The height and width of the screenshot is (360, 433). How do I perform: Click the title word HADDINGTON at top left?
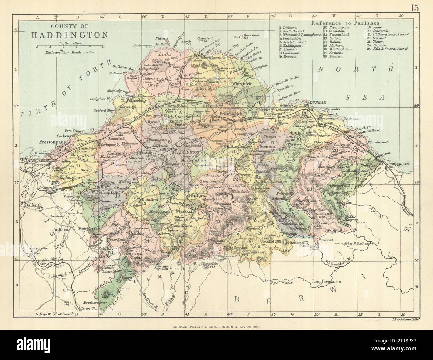(x=70, y=35)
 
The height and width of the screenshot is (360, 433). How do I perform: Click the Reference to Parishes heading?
(x=346, y=23)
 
